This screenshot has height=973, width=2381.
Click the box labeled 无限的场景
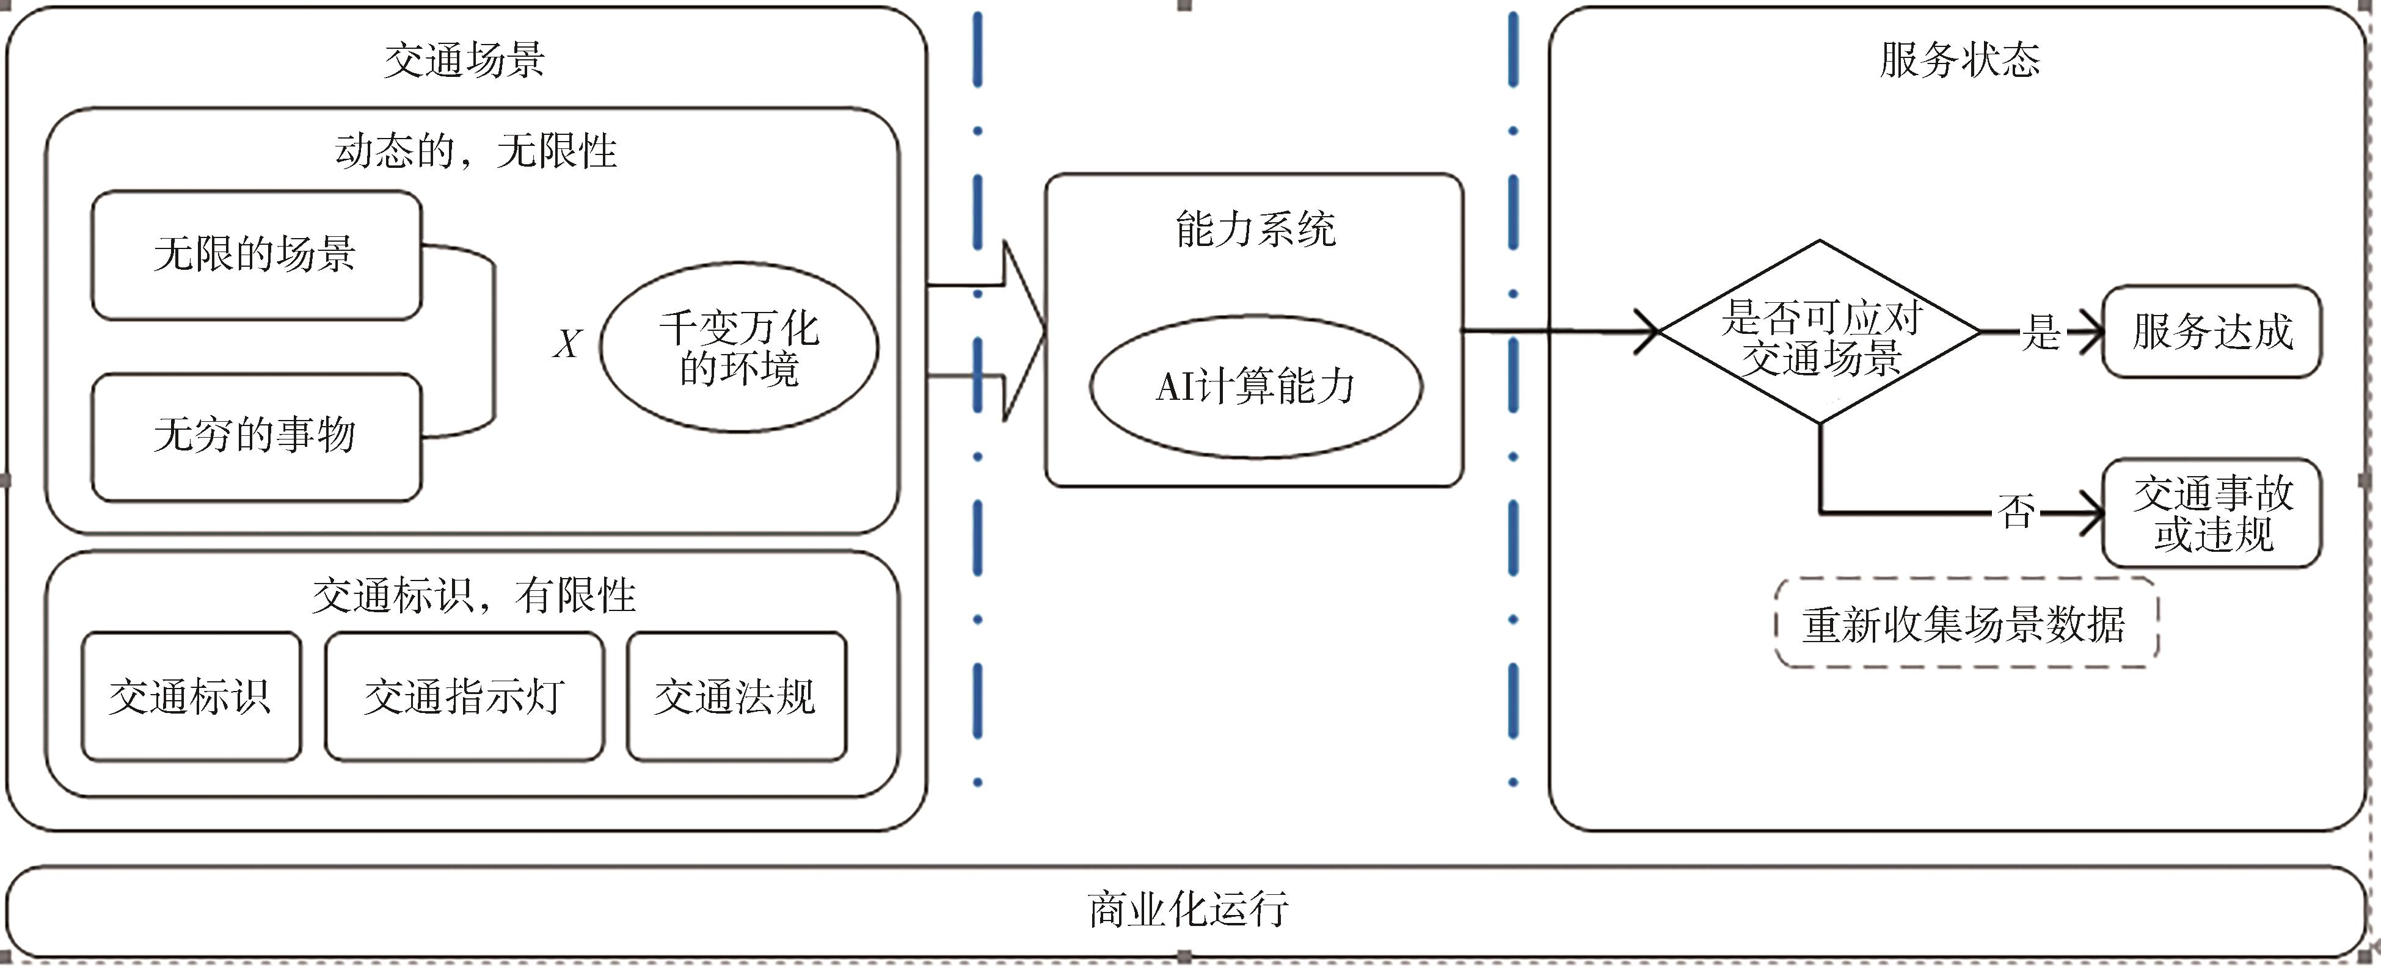256,255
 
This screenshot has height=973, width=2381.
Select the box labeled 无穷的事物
256,436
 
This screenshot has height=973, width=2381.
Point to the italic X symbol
567,344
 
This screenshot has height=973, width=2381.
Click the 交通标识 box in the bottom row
191,696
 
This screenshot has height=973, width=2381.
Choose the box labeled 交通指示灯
464,696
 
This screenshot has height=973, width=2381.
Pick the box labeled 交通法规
736,696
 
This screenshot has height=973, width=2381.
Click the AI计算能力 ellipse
1255,386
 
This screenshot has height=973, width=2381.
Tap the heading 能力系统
1255,229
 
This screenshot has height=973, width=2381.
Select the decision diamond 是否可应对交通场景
1820,333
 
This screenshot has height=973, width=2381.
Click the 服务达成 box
2212,331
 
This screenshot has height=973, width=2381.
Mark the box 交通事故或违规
2212,514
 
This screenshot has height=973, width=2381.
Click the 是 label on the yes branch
2041,331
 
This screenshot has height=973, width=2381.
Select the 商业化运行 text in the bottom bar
1189,910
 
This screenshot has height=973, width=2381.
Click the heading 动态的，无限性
475,151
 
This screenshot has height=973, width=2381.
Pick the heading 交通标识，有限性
473,596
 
